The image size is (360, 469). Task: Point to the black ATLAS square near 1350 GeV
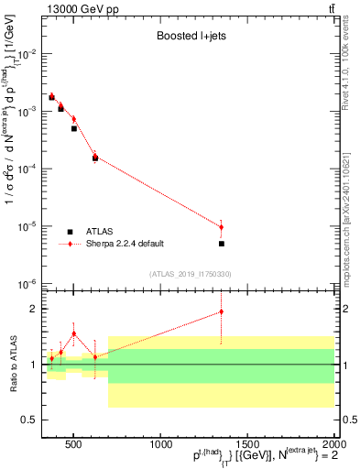[x=221, y=244]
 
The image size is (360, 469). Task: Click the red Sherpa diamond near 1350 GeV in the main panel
[x=221, y=227]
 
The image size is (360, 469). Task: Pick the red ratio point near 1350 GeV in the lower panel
[x=221, y=311]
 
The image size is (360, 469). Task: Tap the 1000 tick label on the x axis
[x=160, y=445]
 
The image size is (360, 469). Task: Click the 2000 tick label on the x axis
[x=333, y=445]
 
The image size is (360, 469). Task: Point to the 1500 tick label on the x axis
[x=247, y=445]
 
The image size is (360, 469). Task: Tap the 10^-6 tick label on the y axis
[x=27, y=284]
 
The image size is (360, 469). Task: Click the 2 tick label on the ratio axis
[x=34, y=309]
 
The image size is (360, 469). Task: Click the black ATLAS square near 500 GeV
[x=74, y=128]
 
